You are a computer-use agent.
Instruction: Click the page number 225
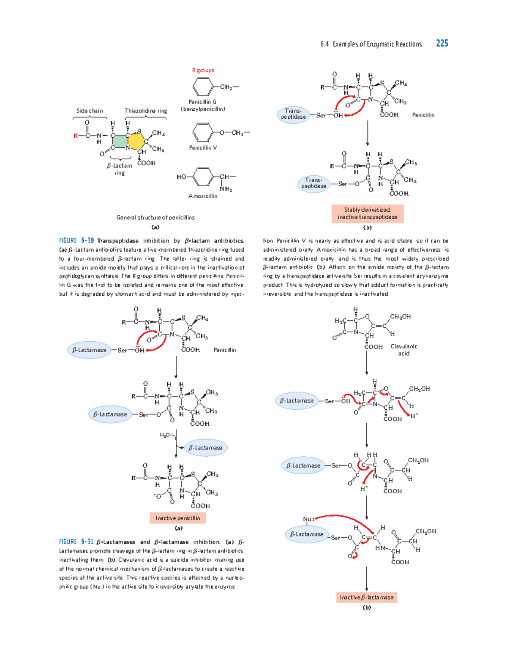[442, 44]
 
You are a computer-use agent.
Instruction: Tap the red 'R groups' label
[203, 70]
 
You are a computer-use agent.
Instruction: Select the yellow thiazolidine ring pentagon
[136, 142]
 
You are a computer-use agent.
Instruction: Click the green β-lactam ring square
[120, 142]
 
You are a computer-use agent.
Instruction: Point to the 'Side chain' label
[90, 111]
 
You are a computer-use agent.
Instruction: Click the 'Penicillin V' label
[203, 148]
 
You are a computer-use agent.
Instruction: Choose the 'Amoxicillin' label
[203, 196]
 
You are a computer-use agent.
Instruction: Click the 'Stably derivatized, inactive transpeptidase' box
[367, 213]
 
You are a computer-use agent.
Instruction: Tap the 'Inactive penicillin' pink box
[177, 518]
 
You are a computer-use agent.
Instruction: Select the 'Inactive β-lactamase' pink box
[367, 597]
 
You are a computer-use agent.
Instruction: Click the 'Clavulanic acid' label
[403, 350]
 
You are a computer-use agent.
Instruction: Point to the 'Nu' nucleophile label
[307, 519]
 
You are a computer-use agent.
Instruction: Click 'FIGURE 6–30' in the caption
[76, 241]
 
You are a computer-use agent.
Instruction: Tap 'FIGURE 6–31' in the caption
[76, 542]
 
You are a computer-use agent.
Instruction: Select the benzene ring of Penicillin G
[203, 87]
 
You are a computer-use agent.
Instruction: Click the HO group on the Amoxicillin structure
[181, 177]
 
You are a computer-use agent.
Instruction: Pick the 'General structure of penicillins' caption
[155, 218]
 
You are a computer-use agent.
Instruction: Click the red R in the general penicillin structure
[76, 136]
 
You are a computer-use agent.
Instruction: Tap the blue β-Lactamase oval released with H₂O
[206, 448]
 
